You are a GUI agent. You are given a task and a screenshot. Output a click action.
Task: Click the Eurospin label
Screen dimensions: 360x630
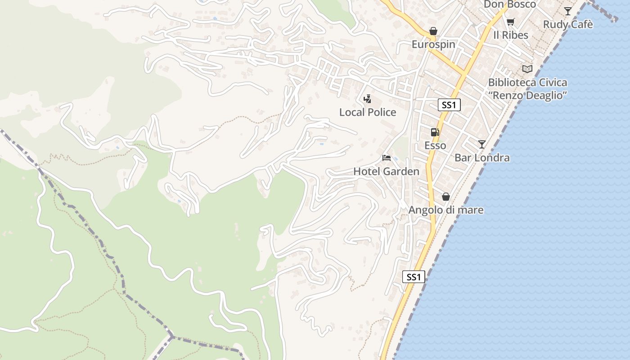(433, 45)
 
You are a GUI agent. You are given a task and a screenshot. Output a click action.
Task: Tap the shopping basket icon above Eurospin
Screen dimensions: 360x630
(433, 31)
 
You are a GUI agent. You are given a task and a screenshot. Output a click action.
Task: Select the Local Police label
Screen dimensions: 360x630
(368, 112)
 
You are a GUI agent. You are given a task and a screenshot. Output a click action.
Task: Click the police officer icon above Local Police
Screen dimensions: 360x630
(368, 99)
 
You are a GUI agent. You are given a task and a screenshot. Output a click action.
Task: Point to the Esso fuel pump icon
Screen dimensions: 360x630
(435, 132)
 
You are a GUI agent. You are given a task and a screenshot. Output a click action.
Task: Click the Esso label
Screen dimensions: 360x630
(435, 145)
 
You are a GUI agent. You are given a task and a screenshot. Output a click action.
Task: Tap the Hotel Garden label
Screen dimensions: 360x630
(386, 171)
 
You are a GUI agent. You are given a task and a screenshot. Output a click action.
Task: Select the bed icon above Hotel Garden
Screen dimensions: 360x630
(386, 158)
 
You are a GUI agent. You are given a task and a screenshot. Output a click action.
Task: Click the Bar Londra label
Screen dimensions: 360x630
(482, 157)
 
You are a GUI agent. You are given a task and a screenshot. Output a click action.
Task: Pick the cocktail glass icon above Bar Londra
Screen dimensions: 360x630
(482, 144)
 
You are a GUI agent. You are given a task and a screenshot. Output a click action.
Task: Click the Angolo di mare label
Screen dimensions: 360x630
(446, 210)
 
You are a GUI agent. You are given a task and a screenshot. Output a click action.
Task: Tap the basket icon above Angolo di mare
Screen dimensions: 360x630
(446, 197)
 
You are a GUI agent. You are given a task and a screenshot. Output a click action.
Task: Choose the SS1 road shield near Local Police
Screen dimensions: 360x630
(449, 105)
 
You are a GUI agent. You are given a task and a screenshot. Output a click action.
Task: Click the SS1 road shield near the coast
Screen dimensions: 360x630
(414, 277)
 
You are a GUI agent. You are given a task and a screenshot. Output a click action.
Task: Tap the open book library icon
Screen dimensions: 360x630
(527, 69)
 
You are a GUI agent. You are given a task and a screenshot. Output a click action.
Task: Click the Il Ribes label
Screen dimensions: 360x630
(510, 35)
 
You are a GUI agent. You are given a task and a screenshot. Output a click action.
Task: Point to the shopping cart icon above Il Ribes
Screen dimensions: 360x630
(510, 22)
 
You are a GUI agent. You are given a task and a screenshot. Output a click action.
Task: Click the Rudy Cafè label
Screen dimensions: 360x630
(568, 24)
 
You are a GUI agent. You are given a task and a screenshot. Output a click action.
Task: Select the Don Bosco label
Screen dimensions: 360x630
(510, 4)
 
